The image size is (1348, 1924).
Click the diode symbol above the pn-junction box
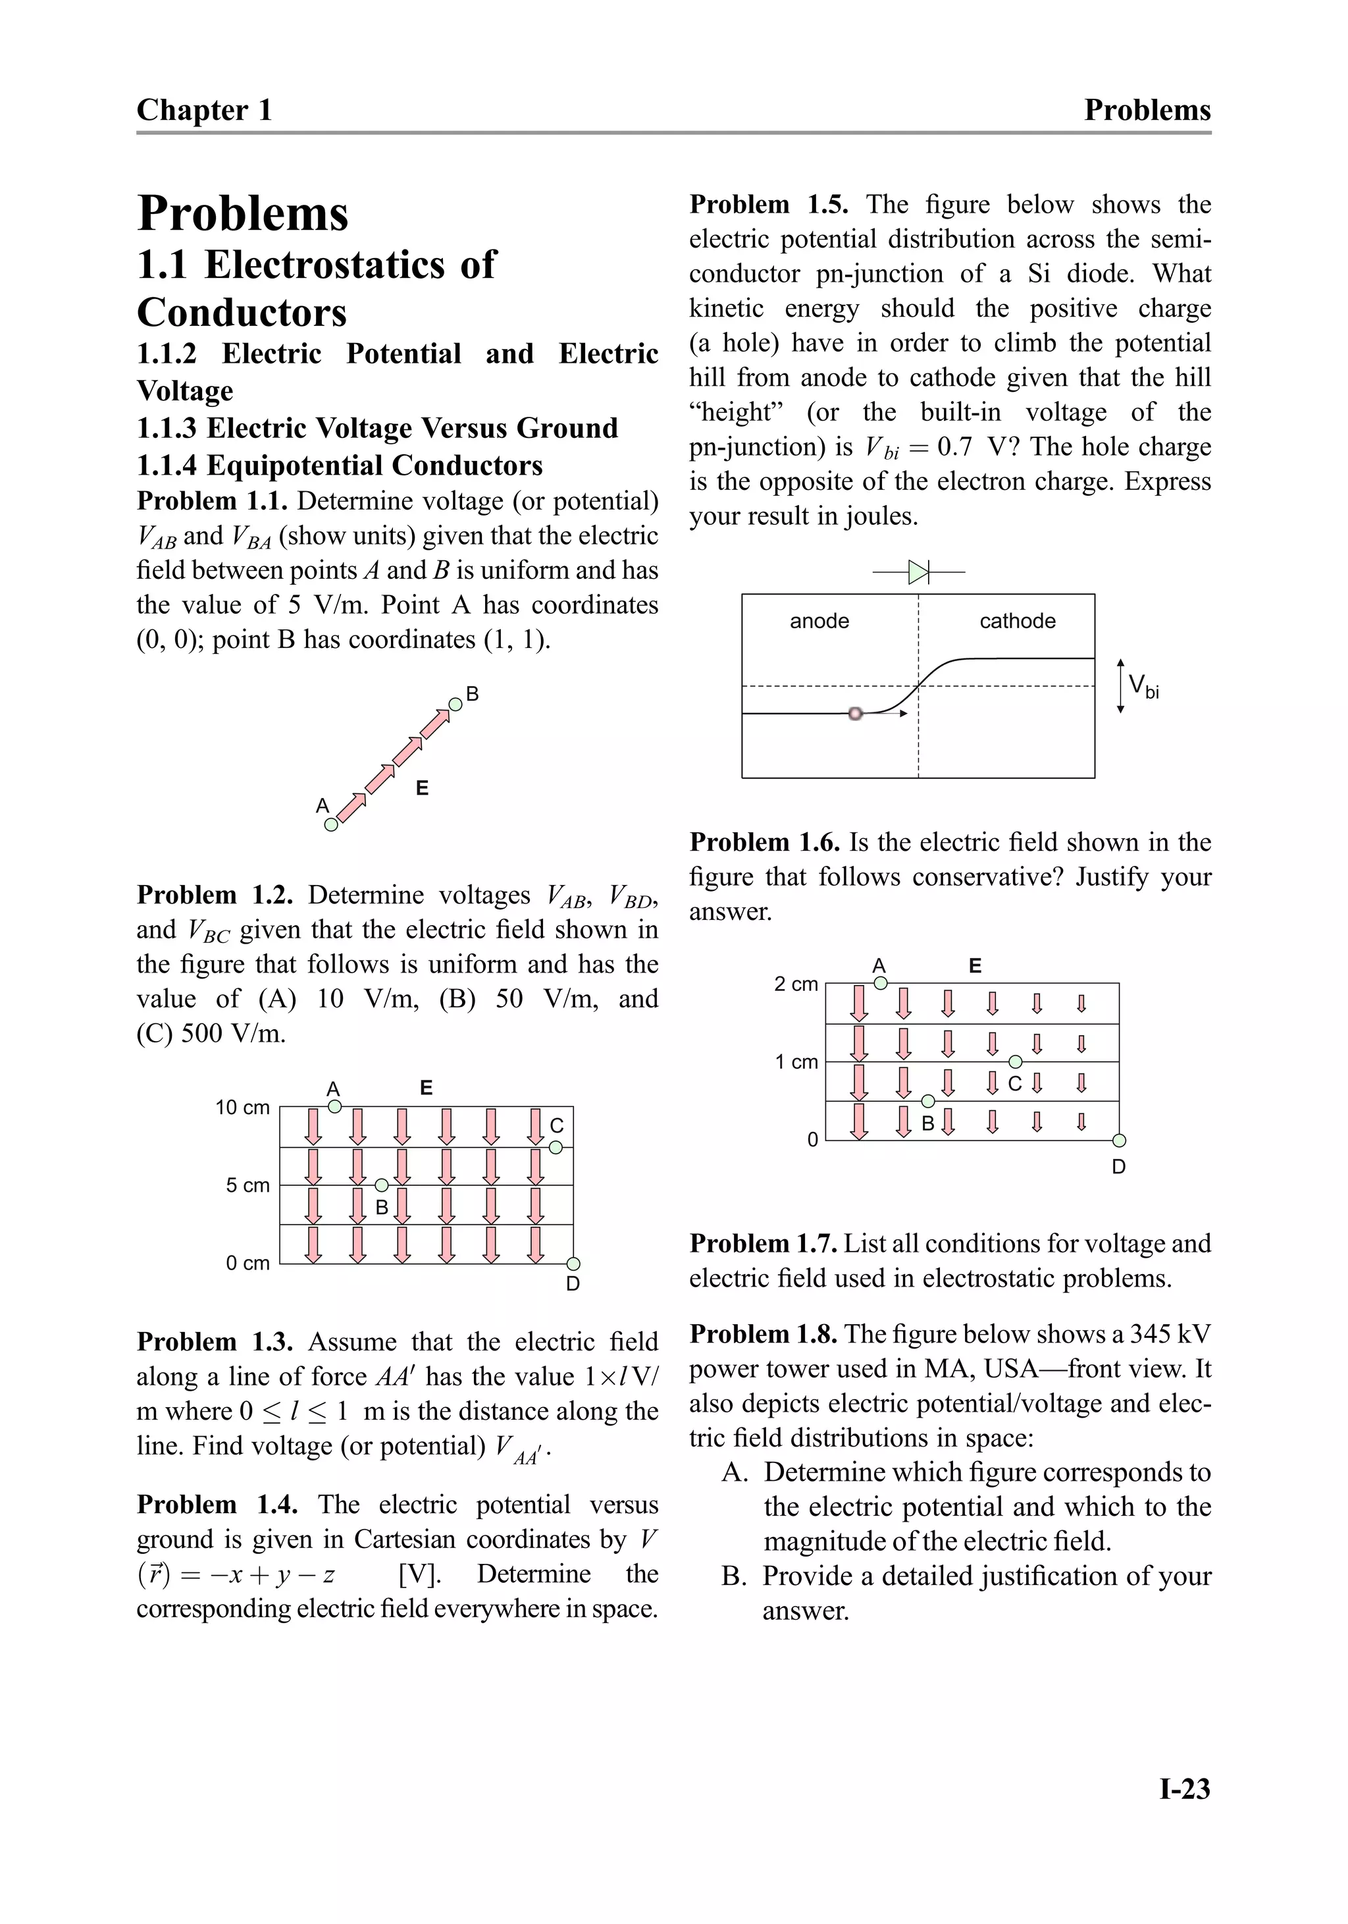(919, 572)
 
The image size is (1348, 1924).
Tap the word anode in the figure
(819, 621)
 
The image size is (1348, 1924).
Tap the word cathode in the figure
(1017, 621)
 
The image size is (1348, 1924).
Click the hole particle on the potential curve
(854, 713)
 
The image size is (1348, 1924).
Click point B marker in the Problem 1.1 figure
(455, 705)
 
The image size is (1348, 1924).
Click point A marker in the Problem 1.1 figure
(331, 824)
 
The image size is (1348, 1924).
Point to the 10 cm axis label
(242, 1107)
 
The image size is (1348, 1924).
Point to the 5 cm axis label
(247, 1185)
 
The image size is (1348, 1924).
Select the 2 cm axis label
(795, 984)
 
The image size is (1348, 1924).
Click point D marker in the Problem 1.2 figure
(574, 1264)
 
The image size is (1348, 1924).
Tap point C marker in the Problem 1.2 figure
(556, 1147)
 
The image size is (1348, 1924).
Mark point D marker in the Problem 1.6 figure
(1120, 1140)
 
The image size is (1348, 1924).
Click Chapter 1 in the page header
(205, 110)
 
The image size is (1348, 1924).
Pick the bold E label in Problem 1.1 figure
(423, 788)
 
